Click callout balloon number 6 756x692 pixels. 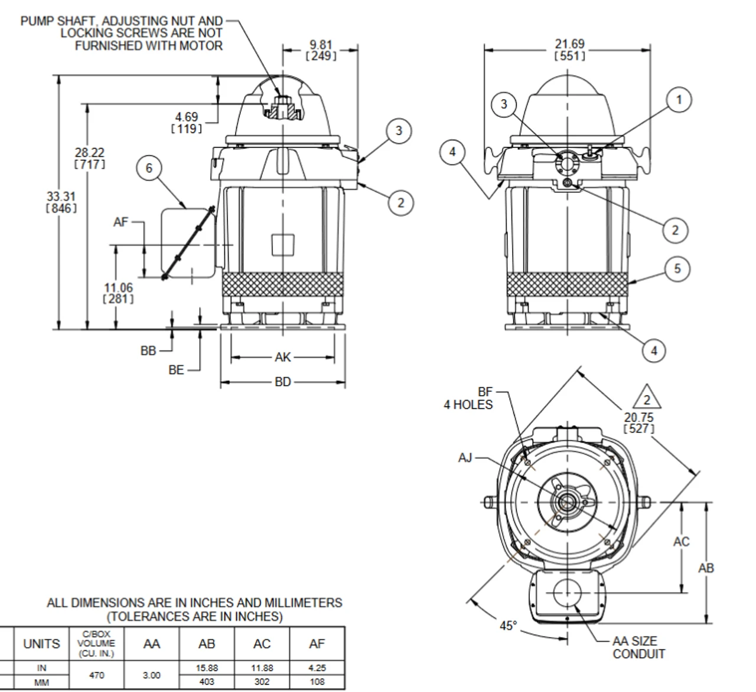[x=149, y=168]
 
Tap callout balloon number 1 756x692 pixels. [x=679, y=100]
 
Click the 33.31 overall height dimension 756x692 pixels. [x=61, y=202]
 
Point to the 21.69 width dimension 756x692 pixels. [x=569, y=50]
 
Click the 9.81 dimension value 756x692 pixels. [x=321, y=50]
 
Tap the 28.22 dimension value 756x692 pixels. [x=90, y=158]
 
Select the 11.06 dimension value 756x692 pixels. [x=118, y=293]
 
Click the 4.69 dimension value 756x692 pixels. [x=187, y=123]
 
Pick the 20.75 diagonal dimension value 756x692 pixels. [x=639, y=423]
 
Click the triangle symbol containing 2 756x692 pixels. [x=647, y=397]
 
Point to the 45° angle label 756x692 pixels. [x=508, y=626]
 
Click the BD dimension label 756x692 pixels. [x=283, y=382]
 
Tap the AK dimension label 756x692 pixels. [x=283, y=357]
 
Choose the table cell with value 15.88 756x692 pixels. [x=206, y=668]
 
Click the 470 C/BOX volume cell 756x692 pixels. [x=97, y=675]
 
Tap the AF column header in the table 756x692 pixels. [x=317, y=644]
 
